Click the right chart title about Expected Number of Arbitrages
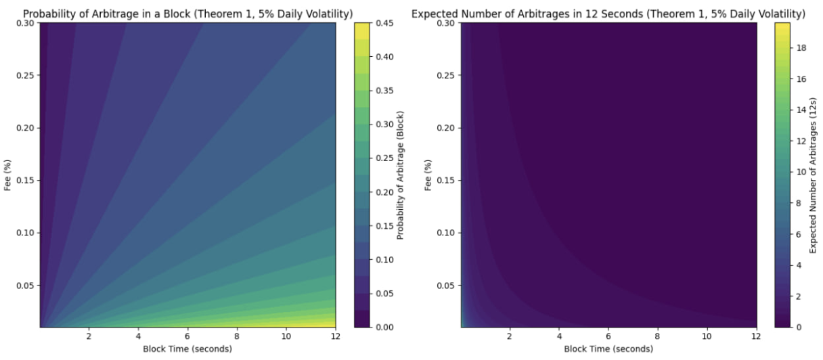pos(608,12)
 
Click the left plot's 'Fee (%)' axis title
pos(8,175)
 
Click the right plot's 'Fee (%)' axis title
pos(428,175)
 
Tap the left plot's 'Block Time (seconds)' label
pos(187,348)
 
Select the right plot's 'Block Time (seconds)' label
pos(608,348)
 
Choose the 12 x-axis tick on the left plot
pos(335,336)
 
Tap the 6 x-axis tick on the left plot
pos(187,336)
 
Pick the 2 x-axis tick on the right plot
pos(509,336)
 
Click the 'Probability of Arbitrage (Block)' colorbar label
pos(400,175)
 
